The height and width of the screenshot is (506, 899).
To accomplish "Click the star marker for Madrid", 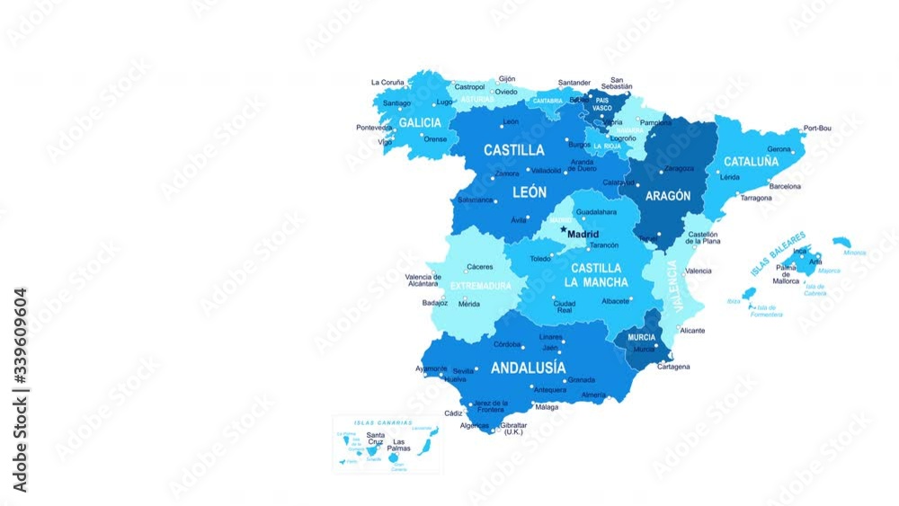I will coord(564,229).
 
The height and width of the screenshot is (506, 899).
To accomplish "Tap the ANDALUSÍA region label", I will coord(528,368).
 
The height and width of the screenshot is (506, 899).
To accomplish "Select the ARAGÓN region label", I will coord(668,195).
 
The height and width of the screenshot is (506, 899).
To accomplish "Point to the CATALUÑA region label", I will coord(752,162).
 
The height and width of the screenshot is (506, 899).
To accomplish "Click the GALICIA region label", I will coord(420,122).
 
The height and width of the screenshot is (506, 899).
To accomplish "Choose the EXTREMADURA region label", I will coord(480,286).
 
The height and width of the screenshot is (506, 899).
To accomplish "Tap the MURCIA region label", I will coord(642,337).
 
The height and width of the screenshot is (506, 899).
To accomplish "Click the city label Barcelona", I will coord(785,186).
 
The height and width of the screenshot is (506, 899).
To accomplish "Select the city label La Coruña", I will coord(387,82).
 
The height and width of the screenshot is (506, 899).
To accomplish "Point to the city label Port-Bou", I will coord(817,129).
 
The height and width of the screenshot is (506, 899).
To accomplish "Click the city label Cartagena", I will coord(673,367).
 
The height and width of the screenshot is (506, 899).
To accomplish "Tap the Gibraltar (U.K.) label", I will coord(513,428).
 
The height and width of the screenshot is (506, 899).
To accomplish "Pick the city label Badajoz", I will coord(434,303).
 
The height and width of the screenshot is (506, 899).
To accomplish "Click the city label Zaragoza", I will coord(679,168).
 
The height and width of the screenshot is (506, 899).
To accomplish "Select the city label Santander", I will coord(574,83).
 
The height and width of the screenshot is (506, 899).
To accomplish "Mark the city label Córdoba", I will coord(508,344).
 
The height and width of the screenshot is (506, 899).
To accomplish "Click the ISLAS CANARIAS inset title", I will coord(383,422).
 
